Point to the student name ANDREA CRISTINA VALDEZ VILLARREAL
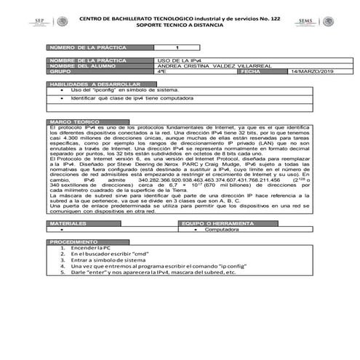click(204, 67)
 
